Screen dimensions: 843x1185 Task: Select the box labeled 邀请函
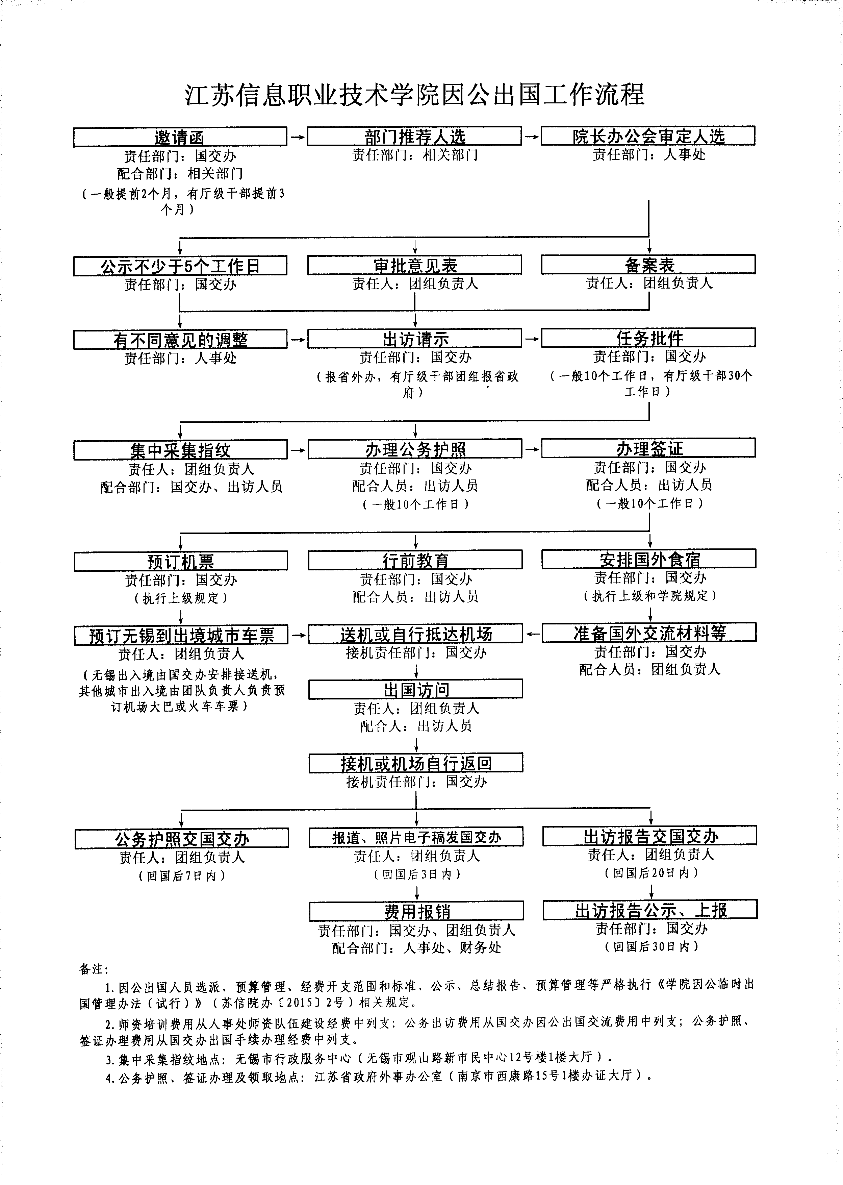pyautogui.click(x=180, y=137)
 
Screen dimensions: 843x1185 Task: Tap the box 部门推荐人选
pyautogui.click(x=414, y=136)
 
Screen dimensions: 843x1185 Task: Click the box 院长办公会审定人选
pyautogui.click(x=648, y=135)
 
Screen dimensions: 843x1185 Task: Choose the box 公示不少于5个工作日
pyautogui.click(x=180, y=266)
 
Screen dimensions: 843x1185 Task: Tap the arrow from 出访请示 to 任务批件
pyautogui.click(x=532, y=339)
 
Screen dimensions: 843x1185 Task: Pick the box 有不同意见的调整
pyautogui.click(x=180, y=340)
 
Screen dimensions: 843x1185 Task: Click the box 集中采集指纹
pyautogui.click(x=180, y=450)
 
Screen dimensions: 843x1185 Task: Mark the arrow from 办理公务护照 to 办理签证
pyautogui.click(x=532, y=449)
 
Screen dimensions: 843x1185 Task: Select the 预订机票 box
pyautogui.click(x=181, y=561)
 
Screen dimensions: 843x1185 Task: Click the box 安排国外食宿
pyautogui.click(x=649, y=559)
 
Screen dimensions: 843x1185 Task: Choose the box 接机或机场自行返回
pyautogui.click(x=416, y=763)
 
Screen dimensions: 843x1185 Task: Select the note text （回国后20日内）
pyautogui.click(x=651, y=873)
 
